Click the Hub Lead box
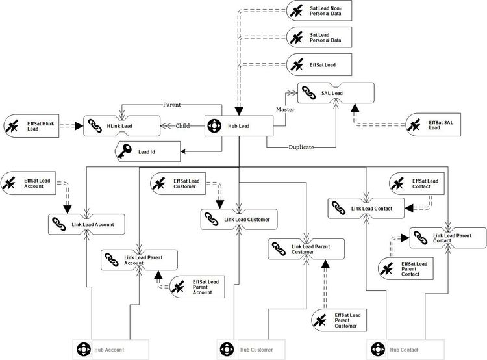click(238, 126)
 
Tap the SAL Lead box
click(336, 94)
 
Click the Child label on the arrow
click(182, 126)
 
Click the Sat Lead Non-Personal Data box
click(319, 11)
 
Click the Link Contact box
click(366, 208)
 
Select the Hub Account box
click(110, 350)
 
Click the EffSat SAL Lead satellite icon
click(416, 123)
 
